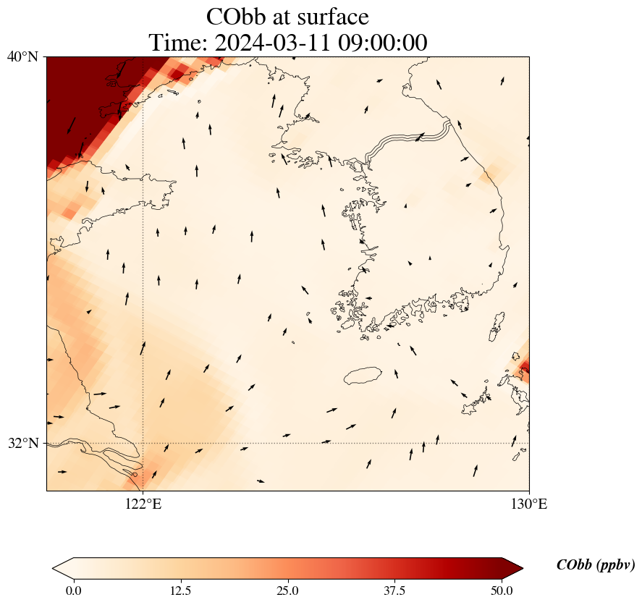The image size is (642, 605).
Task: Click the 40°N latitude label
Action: point(23,56)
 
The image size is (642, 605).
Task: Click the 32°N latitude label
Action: point(23,443)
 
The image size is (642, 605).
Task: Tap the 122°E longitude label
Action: point(143,504)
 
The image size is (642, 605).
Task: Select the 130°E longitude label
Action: point(529,504)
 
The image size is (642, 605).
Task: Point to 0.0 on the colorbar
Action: point(73,591)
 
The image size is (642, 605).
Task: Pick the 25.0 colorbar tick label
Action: point(287,591)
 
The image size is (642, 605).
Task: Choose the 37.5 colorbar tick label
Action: point(394,591)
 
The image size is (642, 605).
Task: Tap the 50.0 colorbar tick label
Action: point(502,591)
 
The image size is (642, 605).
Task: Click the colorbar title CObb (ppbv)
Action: point(595,565)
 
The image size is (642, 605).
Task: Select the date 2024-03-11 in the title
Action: point(272,43)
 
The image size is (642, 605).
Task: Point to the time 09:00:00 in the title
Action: point(381,43)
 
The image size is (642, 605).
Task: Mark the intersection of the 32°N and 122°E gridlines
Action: point(143,443)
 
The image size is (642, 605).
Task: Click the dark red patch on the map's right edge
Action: point(524,367)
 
